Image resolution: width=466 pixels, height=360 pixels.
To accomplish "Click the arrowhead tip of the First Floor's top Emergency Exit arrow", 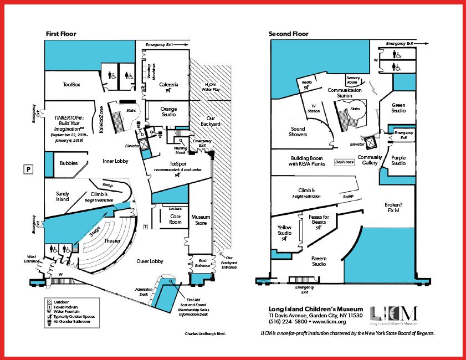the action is (188, 44).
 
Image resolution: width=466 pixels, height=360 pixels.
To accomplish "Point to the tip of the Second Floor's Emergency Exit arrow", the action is (428, 44).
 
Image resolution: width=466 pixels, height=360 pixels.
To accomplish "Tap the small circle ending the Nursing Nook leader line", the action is (181, 141).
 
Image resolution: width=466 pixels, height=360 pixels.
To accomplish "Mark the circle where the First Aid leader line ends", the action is (171, 281).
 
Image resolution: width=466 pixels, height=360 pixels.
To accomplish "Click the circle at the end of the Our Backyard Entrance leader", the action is (222, 254).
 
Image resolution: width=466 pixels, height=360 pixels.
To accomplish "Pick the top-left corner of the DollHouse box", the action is (335, 159).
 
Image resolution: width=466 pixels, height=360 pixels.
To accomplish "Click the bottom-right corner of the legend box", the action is (99, 328).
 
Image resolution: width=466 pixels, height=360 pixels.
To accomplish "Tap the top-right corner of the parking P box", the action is (33, 165).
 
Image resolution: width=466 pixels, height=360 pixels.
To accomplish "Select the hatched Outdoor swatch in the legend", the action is (49, 302).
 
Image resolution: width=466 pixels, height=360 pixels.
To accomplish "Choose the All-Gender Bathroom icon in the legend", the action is (49, 322).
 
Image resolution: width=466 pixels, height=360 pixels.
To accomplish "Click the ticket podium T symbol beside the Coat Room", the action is (145, 227).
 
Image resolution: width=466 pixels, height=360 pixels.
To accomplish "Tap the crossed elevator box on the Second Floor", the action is (371, 143).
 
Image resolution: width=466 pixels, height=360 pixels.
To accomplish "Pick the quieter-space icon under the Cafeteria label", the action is (168, 90).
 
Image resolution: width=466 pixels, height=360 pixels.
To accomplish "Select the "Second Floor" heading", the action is (288, 34).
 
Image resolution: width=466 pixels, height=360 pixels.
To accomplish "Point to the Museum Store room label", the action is (201, 220).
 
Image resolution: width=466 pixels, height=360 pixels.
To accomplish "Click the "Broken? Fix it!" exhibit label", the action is (393, 207).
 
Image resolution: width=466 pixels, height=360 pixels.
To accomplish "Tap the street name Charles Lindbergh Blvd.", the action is (205, 333).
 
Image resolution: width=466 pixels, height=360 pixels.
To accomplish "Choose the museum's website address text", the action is (329, 322).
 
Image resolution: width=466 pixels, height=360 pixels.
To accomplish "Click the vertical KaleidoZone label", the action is (101, 120).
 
